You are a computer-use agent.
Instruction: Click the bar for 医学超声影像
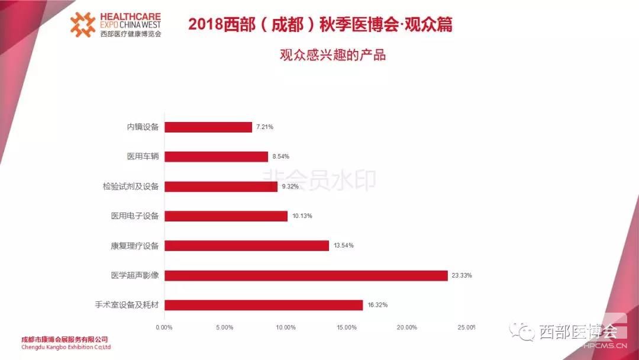pyautogui.click(x=305, y=275)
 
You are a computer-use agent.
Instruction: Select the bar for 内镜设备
pyautogui.click(x=208, y=127)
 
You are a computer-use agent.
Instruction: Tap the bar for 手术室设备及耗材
pyautogui.click(x=263, y=305)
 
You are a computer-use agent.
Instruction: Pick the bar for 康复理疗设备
pyautogui.click(x=246, y=245)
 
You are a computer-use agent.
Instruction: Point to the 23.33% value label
pyautogui.click(x=462, y=275)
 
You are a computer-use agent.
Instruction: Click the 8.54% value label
pyautogui.click(x=281, y=156)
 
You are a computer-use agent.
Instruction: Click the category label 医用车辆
pyautogui.click(x=143, y=156)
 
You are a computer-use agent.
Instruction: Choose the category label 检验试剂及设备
pyautogui.click(x=130, y=187)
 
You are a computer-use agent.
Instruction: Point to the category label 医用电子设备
pyautogui.click(x=135, y=216)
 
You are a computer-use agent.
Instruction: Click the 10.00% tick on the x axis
pyautogui.click(x=286, y=327)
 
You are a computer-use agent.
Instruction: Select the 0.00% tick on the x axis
pyautogui.click(x=164, y=327)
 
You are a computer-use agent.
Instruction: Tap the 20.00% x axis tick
pyautogui.click(x=407, y=327)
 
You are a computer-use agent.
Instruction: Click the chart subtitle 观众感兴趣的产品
pyautogui.click(x=333, y=55)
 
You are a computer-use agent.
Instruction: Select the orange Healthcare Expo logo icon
pyautogui.click(x=83, y=24)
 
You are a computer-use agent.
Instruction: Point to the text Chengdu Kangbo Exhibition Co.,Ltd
pyautogui.click(x=66, y=347)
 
